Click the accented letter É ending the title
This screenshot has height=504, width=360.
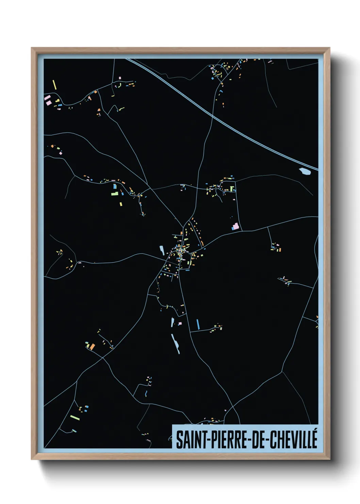[x=314, y=439]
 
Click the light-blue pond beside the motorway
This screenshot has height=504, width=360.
[x=305, y=171]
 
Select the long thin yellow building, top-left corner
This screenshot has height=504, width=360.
[x=54, y=84]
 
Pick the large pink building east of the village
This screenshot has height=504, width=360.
[x=235, y=226]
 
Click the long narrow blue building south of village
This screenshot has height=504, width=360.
[x=198, y=324]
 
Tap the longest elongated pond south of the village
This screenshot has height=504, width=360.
[x=176, y=343]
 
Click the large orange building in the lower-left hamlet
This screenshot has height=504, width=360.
[x=92, y=347]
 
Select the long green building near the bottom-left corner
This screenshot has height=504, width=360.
[x=75, y=417]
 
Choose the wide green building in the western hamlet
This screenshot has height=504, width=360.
[x=114, y=194]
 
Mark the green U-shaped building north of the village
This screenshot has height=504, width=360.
[x=232, y=188]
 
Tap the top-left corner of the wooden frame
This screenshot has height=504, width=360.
[x=32, y=48]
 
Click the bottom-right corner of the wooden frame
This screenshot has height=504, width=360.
[x=329, y=459]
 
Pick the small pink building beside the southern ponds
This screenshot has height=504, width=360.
[x=180, y=323]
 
